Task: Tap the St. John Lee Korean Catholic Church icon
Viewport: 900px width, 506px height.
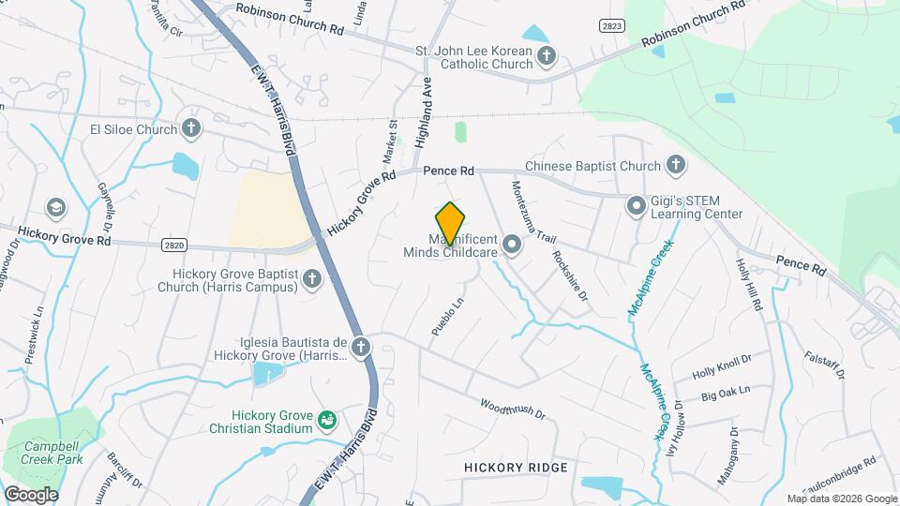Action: tap(546, 58)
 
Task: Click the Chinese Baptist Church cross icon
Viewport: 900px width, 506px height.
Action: tap(675, 166)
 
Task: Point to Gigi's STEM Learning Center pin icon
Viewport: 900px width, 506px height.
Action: tap(637, 204)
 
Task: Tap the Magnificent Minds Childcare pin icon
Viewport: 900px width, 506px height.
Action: tap(512, 246)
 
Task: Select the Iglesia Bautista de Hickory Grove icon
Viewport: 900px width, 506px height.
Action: tap(360, 349)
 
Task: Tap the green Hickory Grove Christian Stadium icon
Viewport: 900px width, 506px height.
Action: tap(327, 419)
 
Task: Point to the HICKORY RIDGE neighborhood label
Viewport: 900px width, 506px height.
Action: tap(516, 467)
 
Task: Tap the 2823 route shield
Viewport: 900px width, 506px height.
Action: tap(611, 27)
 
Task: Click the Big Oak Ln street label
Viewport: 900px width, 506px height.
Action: tap(726, 392)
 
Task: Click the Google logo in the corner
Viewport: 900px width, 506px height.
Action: tap(31, 495)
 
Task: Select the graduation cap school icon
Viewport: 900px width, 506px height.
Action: tap(56, 206)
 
